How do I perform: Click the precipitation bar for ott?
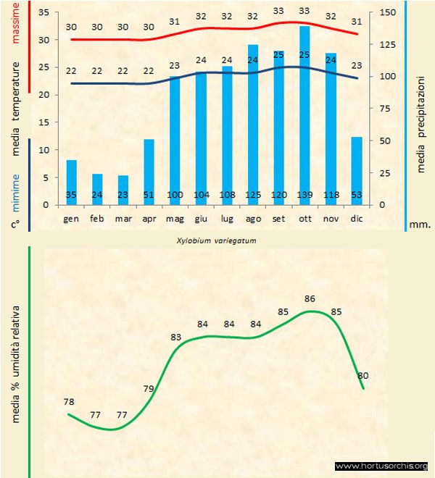[x=304, y=116]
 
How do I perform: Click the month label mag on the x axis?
[x=175, y=218]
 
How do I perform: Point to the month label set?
[x=278, y=218]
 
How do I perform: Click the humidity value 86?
[x=310, y=298]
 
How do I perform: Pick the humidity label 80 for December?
[x=363, y=375]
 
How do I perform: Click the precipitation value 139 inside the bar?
[x=304, y=195]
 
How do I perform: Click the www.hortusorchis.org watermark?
[x=382, y=466]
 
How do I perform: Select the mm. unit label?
[x=420, y=225]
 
